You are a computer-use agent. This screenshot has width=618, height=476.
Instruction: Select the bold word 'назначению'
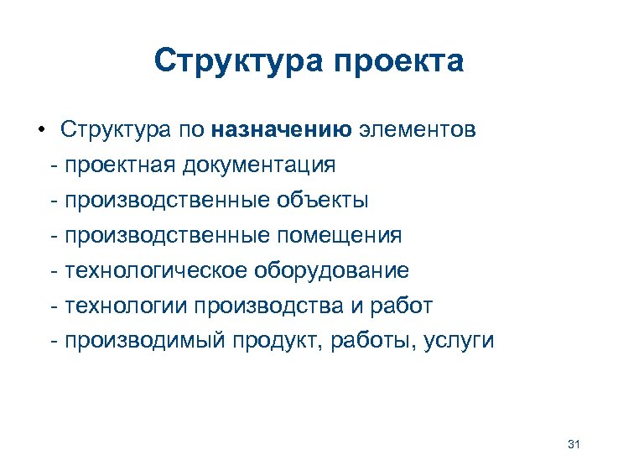pos(281,130)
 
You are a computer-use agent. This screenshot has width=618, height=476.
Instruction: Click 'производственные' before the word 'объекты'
pos(168,201)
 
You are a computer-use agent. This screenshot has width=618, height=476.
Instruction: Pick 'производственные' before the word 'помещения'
pos(168,236)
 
